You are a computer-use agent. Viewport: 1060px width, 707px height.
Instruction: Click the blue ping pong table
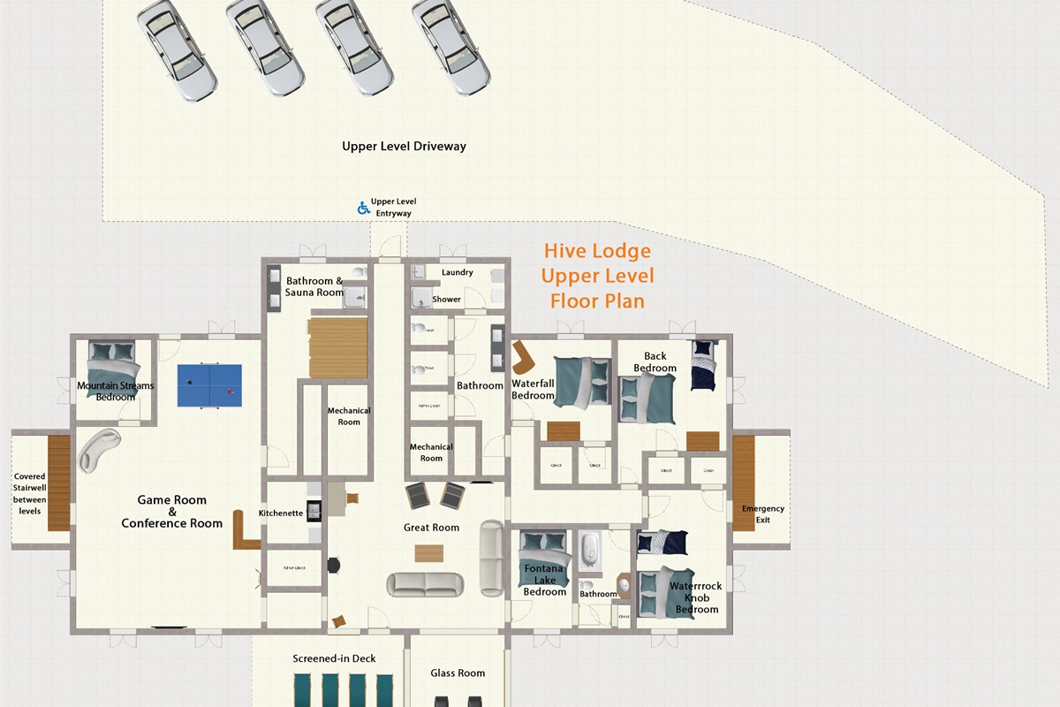[x=209, y=386]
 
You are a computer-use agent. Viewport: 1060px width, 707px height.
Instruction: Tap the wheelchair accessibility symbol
[x=362, y=208]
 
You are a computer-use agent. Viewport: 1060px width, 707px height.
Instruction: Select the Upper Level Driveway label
[x=404, y=146]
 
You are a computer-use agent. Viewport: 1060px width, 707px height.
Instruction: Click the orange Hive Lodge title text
[x=598, y=276]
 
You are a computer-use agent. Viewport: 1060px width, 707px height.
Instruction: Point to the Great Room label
[x=431, y=528]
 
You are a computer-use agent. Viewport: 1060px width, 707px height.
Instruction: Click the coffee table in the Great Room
[x=429, y=553]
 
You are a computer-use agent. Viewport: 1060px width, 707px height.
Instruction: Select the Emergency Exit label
[x=762, y=513]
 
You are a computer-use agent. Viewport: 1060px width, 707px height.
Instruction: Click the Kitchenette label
[x=281, y=513]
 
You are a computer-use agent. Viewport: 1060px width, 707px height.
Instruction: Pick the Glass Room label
[x=458, y=673]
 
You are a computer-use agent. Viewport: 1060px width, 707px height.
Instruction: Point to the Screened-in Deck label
[x=334, y=658]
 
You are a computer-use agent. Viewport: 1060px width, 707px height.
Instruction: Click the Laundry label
[x=457, y=272]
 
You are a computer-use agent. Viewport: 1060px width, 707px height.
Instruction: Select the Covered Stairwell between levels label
[x=29, y=493]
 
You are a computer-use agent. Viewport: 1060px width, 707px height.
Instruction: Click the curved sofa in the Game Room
[x=96, y=449]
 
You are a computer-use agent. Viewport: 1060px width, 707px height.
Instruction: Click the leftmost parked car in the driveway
[x=176, y=49]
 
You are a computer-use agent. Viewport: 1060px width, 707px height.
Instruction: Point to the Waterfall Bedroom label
[x=533, y=390]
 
